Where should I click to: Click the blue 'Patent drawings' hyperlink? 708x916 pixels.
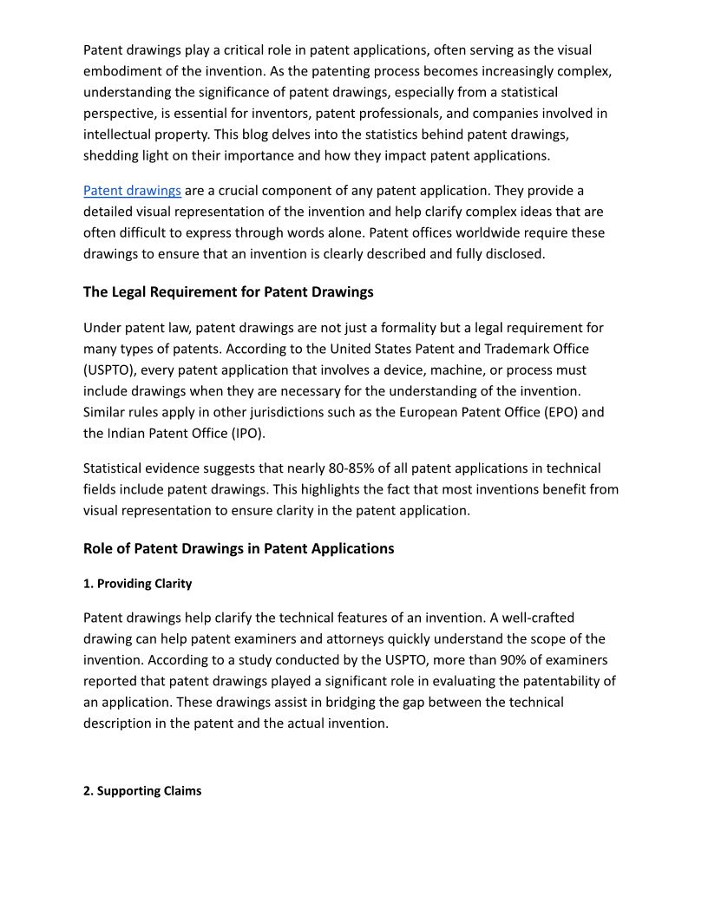point(132,191)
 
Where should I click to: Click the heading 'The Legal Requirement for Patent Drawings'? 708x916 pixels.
point(228,292)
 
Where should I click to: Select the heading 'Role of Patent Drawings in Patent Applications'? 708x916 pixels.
point(239,549)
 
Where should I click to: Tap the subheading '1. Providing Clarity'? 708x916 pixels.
point(137,584)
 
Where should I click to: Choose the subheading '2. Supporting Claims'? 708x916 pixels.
point(142,791)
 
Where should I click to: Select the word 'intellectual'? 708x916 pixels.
point(122,134)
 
